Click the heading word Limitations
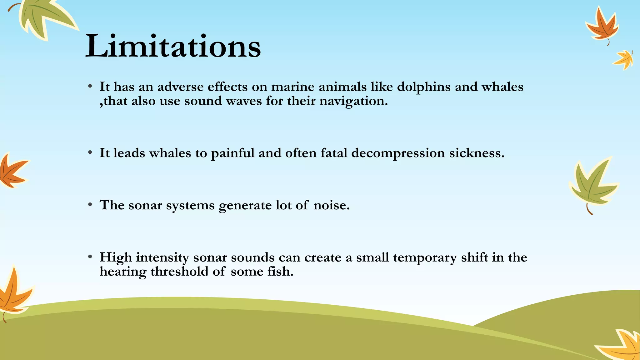[x=173, y=46]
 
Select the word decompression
[x=398, y=153]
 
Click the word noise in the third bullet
[x=331, y=205]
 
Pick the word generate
[x=245, y=206]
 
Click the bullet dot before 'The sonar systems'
[x=90, y=205]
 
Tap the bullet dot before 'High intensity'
[x=90, y=257]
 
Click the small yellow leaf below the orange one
[x=624, y=59]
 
